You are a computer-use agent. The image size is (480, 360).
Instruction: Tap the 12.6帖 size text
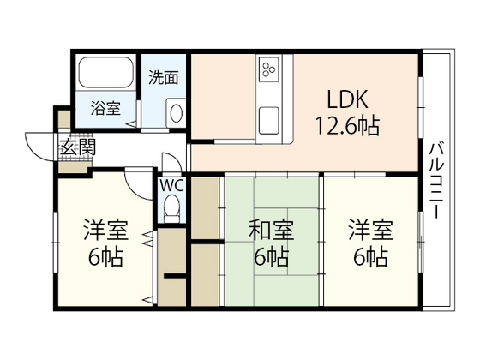coord(348,126)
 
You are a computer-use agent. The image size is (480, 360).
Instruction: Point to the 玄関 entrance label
coord(77,147)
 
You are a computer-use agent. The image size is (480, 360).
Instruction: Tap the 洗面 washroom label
coord(164,77)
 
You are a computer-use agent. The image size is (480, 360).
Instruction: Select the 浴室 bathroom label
coord(106,109)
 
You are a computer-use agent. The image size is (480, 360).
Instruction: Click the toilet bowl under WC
coord(171,206)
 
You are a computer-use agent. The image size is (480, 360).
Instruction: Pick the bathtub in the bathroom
coord(104,76)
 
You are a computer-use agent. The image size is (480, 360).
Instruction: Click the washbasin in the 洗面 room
coord(176,112)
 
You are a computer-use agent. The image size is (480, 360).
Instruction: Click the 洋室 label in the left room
coord(106,231)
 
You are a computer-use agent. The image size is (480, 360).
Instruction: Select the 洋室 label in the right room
coord(371,231)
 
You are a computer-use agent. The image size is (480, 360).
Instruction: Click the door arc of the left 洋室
coord(137,182)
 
